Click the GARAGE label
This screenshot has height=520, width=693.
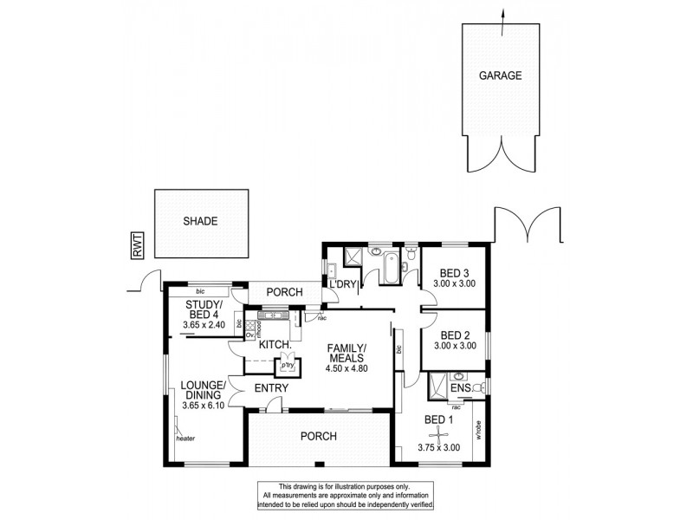pyautogui.click(x=501, y=75)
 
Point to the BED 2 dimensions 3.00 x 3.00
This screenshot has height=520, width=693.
pyautogui.click(x=454, y=346)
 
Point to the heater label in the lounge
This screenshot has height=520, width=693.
pyautogui.click(x=185, y=439)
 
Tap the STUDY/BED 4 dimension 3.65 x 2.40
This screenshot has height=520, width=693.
pyautogui.click(x=204, y=325)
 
